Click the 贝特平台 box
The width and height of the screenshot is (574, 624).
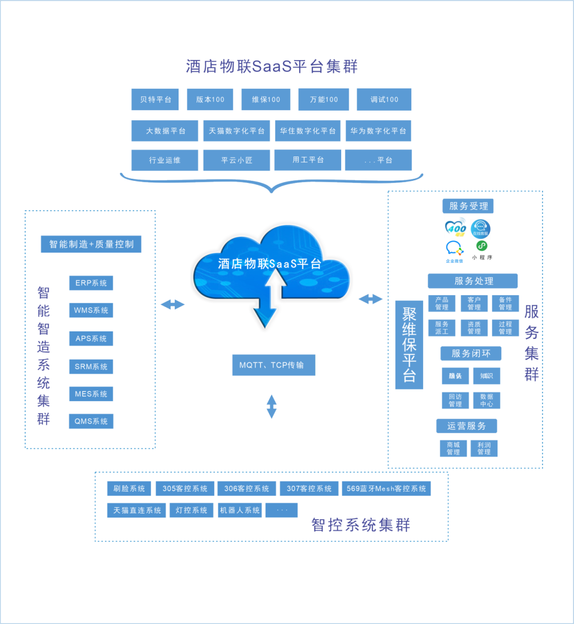pos(156,99)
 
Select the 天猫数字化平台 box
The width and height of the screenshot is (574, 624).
pos(237,131)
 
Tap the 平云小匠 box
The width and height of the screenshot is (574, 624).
pos(237,160)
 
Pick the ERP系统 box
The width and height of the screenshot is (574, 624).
pos(91,283)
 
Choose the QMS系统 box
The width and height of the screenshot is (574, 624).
pos(91,421)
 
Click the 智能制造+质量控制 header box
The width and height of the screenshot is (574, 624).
pos(91,244)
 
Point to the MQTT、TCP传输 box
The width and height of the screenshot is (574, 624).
pos(273,365)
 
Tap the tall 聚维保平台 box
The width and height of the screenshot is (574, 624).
pos(409,345)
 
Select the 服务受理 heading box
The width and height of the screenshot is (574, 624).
pos(468,206)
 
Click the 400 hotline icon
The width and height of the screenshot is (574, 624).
pos(455,228)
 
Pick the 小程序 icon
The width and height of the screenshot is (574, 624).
pos(482,250)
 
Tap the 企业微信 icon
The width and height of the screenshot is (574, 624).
pos(454,251)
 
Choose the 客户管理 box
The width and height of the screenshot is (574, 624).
pos(474,304)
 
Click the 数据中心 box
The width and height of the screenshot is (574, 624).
pos(486,401)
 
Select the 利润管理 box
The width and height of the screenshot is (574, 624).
pos(484,448)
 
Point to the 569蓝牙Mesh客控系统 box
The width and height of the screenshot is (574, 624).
pos(386,488)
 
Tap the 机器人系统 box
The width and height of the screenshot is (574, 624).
pos(240,510)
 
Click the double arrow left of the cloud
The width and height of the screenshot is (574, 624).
pos(172,304)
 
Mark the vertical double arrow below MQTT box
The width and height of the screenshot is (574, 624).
pos(272,406)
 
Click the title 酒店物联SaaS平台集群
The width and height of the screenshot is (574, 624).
pos(272,66)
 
